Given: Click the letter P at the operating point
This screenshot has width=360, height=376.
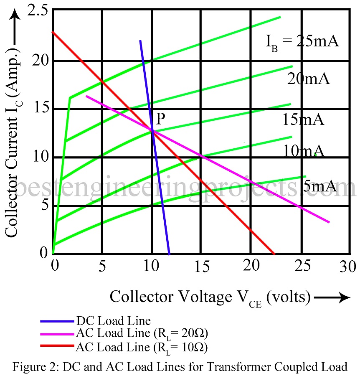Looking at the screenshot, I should point(161,119).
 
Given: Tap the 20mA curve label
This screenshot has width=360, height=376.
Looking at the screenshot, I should point(308,79).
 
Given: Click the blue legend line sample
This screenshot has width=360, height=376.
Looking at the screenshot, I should point(57,322).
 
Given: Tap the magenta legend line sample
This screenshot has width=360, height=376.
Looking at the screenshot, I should point(57,334).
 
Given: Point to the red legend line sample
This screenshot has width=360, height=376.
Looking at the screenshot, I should point(57,347).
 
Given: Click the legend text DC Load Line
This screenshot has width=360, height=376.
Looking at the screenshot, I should point(113,322).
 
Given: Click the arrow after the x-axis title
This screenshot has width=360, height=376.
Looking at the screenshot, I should point(332,297).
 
